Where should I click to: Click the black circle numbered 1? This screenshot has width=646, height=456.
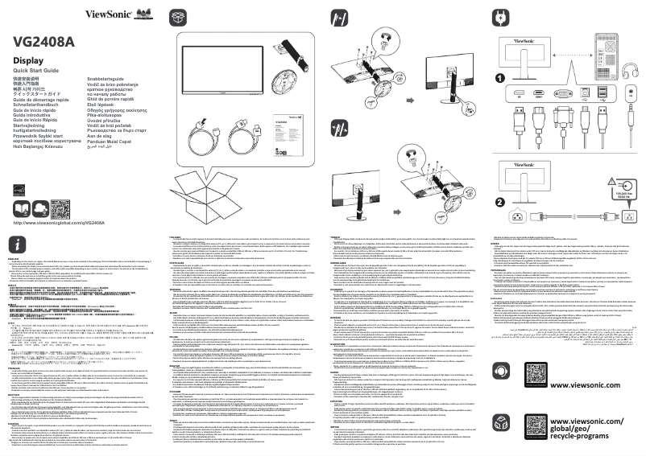[499, 79]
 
